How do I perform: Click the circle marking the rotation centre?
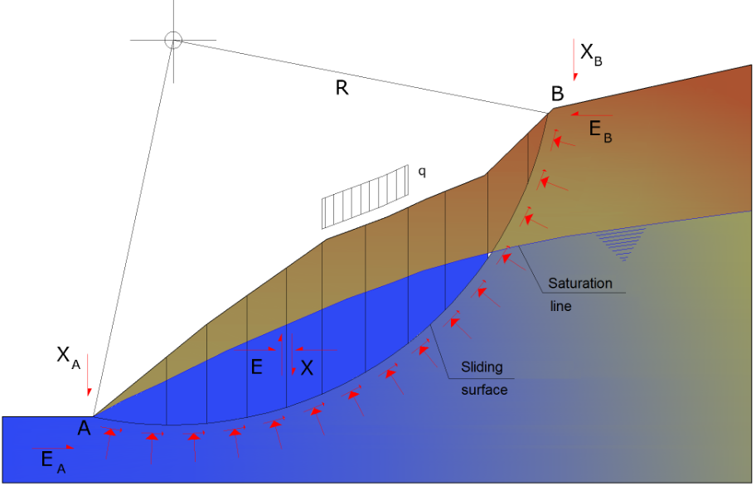[172, 39]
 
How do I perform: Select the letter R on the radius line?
[342, 88]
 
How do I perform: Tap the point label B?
[558, 95]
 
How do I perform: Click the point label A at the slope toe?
[84, 428]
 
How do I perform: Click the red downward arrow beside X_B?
[574, 58]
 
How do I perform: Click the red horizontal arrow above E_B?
[591, 115]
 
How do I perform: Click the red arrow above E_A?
[57, 447]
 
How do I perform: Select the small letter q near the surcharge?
[422, 172]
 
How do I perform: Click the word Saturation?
[580, 284]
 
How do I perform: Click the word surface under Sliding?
[484, 389]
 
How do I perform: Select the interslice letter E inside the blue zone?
[257, 367]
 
